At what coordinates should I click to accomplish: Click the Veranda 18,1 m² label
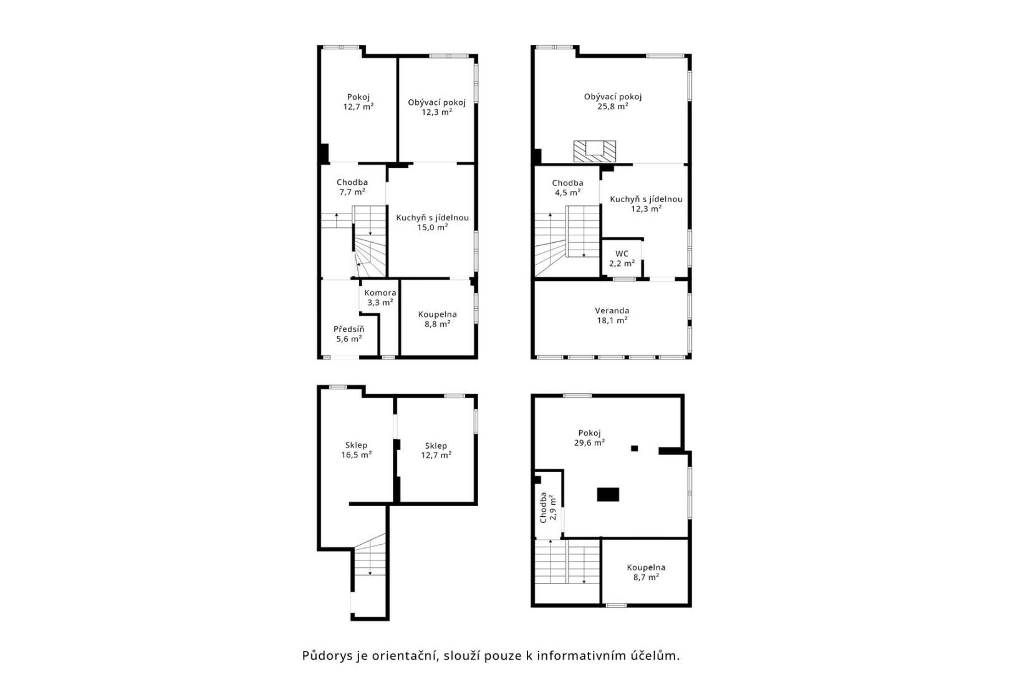(x=612, y=316)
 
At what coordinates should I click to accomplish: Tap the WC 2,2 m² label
(x=622, y=258)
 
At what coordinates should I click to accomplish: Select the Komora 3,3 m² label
(x=380, y=298)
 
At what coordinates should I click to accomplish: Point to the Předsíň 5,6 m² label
(x=349, y=334)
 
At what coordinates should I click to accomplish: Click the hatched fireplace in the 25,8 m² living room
(x=594, y=151)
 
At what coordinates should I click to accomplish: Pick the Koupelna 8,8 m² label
(x=438, y=319)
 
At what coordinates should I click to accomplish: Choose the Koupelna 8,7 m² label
(x=646, y=572)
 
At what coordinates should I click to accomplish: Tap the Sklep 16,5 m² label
(x=356, y=450)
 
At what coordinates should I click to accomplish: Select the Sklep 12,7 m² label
(x=436, y=451)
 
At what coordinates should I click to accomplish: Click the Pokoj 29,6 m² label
(x=589, y=438)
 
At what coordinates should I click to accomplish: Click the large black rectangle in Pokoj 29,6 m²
(x=608, y=494)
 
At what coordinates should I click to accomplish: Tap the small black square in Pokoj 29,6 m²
(x=635, y=448)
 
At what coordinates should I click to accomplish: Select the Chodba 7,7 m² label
(x=352, y=187)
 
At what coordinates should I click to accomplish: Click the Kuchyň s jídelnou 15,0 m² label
(x=433, y=223)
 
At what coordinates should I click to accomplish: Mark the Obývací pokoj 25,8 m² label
(x=613, y=102)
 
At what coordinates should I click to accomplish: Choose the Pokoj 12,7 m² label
(x=358, y=102)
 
